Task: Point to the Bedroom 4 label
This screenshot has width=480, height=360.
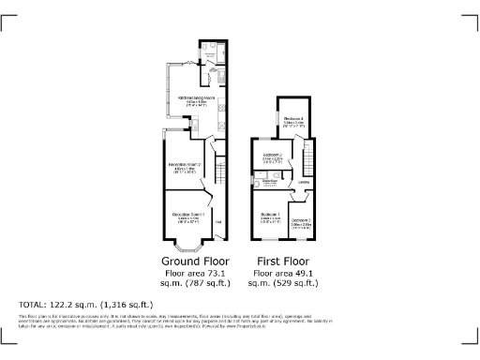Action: coord(293,118)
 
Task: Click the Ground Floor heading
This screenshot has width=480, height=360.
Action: coord(184,261)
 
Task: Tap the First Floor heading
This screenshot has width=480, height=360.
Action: coord(284,261)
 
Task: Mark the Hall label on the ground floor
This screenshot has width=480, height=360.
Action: coord(217,221)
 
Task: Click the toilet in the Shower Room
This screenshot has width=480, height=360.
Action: coord(256,186)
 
